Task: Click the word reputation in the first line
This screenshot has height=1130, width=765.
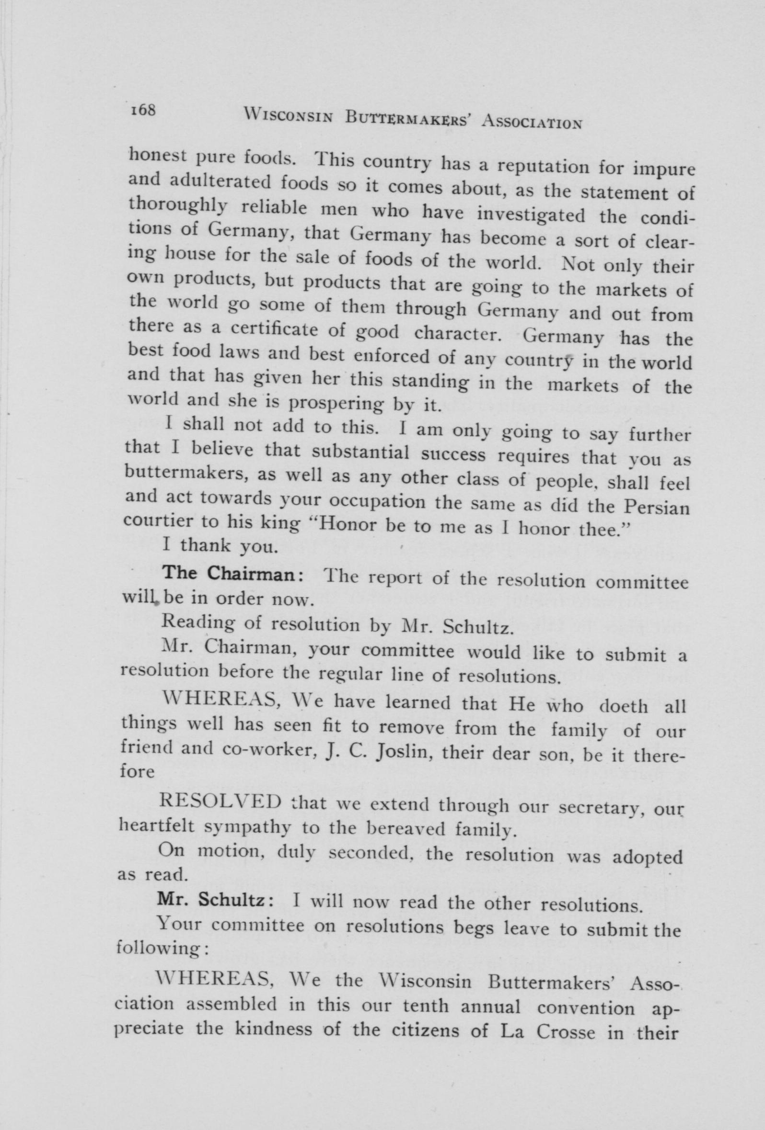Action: click(x=553, y=168)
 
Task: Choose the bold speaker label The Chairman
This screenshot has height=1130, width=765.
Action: click(x=233, y=573)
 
